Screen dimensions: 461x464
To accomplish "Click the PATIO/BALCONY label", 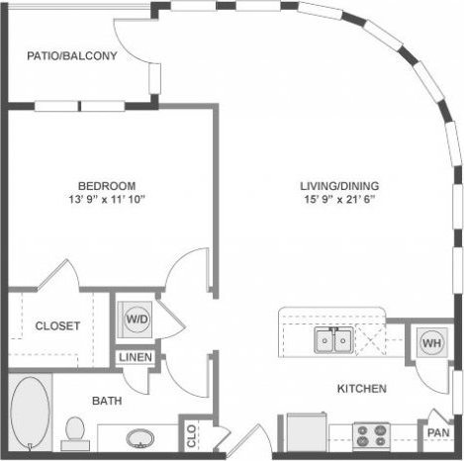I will coord(72,56).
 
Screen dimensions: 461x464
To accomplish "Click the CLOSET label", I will coord(57,325).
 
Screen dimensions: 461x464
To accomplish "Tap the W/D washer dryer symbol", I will coord(136,318).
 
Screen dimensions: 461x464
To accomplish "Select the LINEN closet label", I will coord(136,357).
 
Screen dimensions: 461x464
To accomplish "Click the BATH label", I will coord(106,401).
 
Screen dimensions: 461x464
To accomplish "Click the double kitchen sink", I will coord(332,341).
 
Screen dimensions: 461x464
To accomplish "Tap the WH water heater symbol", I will coord(431,341).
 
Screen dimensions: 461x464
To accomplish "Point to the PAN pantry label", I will coord(437,432).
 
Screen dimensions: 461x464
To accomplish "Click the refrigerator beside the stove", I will coord(307,432).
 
